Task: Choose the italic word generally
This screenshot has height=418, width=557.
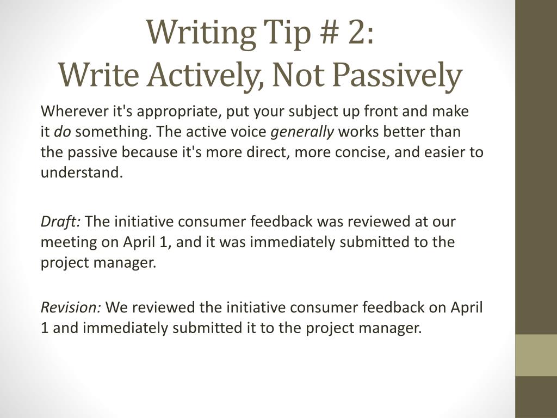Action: click(302, 132)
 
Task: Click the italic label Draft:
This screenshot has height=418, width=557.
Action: click(61, 222)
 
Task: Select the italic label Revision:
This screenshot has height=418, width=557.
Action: click(71, 308)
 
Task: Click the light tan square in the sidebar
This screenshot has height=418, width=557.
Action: click(536, 355)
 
